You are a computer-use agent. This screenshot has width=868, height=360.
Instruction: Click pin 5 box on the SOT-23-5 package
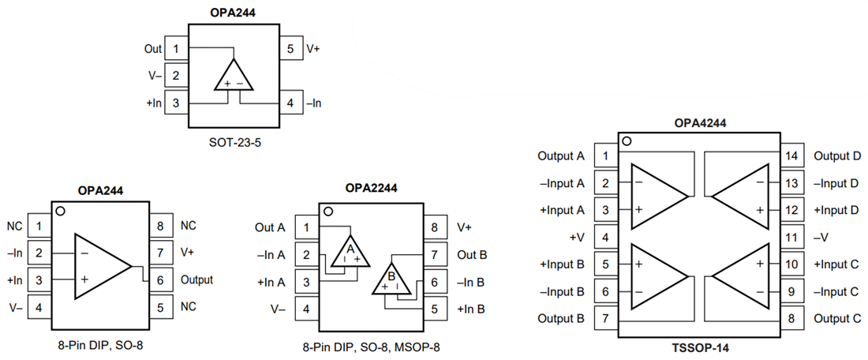[290, 49]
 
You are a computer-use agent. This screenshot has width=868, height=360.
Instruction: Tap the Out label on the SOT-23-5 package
[153, 49]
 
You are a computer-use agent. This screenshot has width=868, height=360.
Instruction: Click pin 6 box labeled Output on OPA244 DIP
[160, 279]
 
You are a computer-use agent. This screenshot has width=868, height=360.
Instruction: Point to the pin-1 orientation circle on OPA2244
[328, 212]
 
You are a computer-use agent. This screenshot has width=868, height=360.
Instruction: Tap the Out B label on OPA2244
[472, 255]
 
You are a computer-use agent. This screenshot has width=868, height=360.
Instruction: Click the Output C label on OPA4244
[836, 319]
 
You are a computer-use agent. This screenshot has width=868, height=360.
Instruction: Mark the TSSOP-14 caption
[701, 347]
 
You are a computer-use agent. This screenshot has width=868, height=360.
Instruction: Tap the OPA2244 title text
[371, 188]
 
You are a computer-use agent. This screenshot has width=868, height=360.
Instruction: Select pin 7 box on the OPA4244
[604, 319]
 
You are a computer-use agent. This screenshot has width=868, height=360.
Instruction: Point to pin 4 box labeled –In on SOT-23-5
[290, 103]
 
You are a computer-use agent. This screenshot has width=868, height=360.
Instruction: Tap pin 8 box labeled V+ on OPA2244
[434, 227]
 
